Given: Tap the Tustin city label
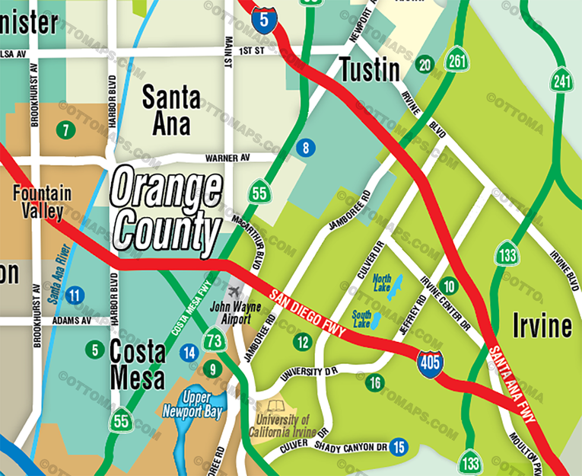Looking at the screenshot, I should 369,69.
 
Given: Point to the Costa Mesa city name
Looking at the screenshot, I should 137,363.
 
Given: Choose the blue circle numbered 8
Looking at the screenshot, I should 306,148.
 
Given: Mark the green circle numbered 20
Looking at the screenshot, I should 425,65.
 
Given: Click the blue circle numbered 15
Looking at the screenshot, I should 398,447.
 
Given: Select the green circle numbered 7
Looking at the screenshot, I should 66,129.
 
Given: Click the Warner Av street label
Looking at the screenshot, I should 227,158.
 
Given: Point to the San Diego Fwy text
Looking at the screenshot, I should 307,312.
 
